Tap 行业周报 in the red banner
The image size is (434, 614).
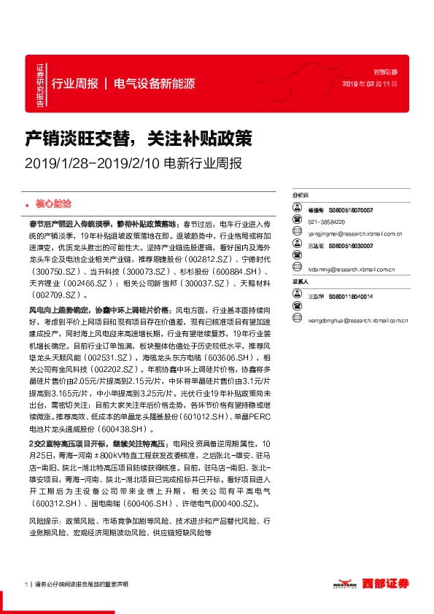point(75,83)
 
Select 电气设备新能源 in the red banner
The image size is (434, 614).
point(154,83)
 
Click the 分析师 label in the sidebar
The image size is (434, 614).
point(301,196)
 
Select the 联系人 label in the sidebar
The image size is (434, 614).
point(301,281)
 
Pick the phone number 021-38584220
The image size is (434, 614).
point(327,222)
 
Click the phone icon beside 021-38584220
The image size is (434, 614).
point(298,222)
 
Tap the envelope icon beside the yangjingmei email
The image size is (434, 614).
point(298,234)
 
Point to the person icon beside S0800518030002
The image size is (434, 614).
point(298,246)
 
